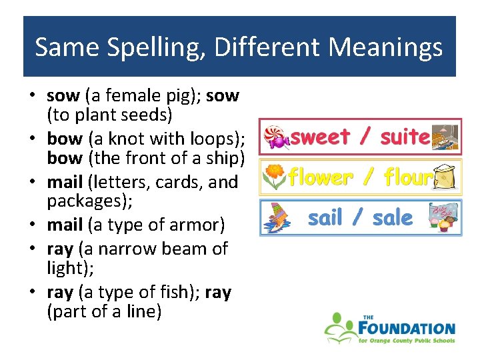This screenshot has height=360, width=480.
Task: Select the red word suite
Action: coord(405,137)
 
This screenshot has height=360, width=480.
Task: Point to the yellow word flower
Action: coord(320,177)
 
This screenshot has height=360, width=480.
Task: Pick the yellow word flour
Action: coord(409,177)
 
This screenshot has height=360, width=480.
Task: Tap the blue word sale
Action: coord(393,218)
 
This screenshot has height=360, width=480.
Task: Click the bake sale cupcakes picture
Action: coord(444,217)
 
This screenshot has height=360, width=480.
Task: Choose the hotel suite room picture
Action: coord(445,137)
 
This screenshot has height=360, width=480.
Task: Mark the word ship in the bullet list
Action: coord(227,160)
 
